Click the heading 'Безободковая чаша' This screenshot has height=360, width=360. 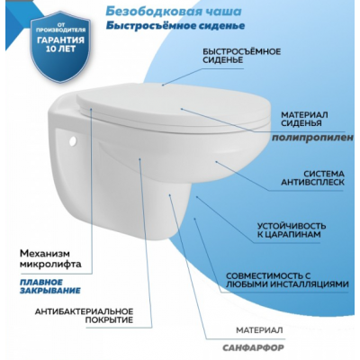pos(174,11)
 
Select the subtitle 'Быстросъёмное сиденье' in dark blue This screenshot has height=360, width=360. pos(175,25)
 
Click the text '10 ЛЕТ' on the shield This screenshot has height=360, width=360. pos(60,49)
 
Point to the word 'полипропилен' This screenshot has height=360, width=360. pos(313,138)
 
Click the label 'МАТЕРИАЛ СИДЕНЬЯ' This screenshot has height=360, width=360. pos(304,119)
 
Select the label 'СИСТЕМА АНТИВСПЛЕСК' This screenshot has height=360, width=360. pos(312,178)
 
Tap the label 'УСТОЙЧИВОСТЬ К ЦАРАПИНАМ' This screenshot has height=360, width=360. pos(292,230)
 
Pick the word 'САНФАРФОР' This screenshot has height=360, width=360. pos(253,347)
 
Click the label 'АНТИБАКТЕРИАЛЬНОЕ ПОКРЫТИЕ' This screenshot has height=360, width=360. pos(84,316)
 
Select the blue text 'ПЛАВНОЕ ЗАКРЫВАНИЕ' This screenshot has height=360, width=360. pos(50,286)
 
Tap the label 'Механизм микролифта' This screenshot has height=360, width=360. pos(50,259)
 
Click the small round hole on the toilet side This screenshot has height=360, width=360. pos(73,141)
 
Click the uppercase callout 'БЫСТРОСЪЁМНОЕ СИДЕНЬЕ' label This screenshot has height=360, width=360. pos(241,56)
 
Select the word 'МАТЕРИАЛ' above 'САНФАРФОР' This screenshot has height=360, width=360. pos(259,330)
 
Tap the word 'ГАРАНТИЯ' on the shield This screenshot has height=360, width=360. pos(60,40)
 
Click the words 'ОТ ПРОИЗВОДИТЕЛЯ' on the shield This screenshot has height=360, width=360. pos(61,28)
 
